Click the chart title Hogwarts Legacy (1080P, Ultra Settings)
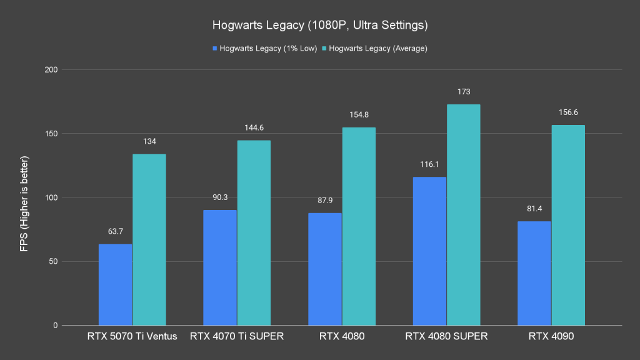[x=319, y=26]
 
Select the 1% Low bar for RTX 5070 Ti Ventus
[x=115, y=284]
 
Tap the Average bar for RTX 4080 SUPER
[x=464, y=214]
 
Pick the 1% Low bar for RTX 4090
[x=534, y=273]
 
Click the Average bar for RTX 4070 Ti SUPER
[x=254, y=232]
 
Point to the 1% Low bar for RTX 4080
[x=324, y=269]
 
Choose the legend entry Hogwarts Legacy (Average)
[x=377, y=48]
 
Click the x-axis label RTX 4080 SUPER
[x=446, y=337]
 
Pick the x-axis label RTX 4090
[x=551, y=337]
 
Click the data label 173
[x=464, y=92]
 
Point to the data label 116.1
[x=429, y=164]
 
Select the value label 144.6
[x=254, y=127]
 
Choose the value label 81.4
[x=534, y=209]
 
